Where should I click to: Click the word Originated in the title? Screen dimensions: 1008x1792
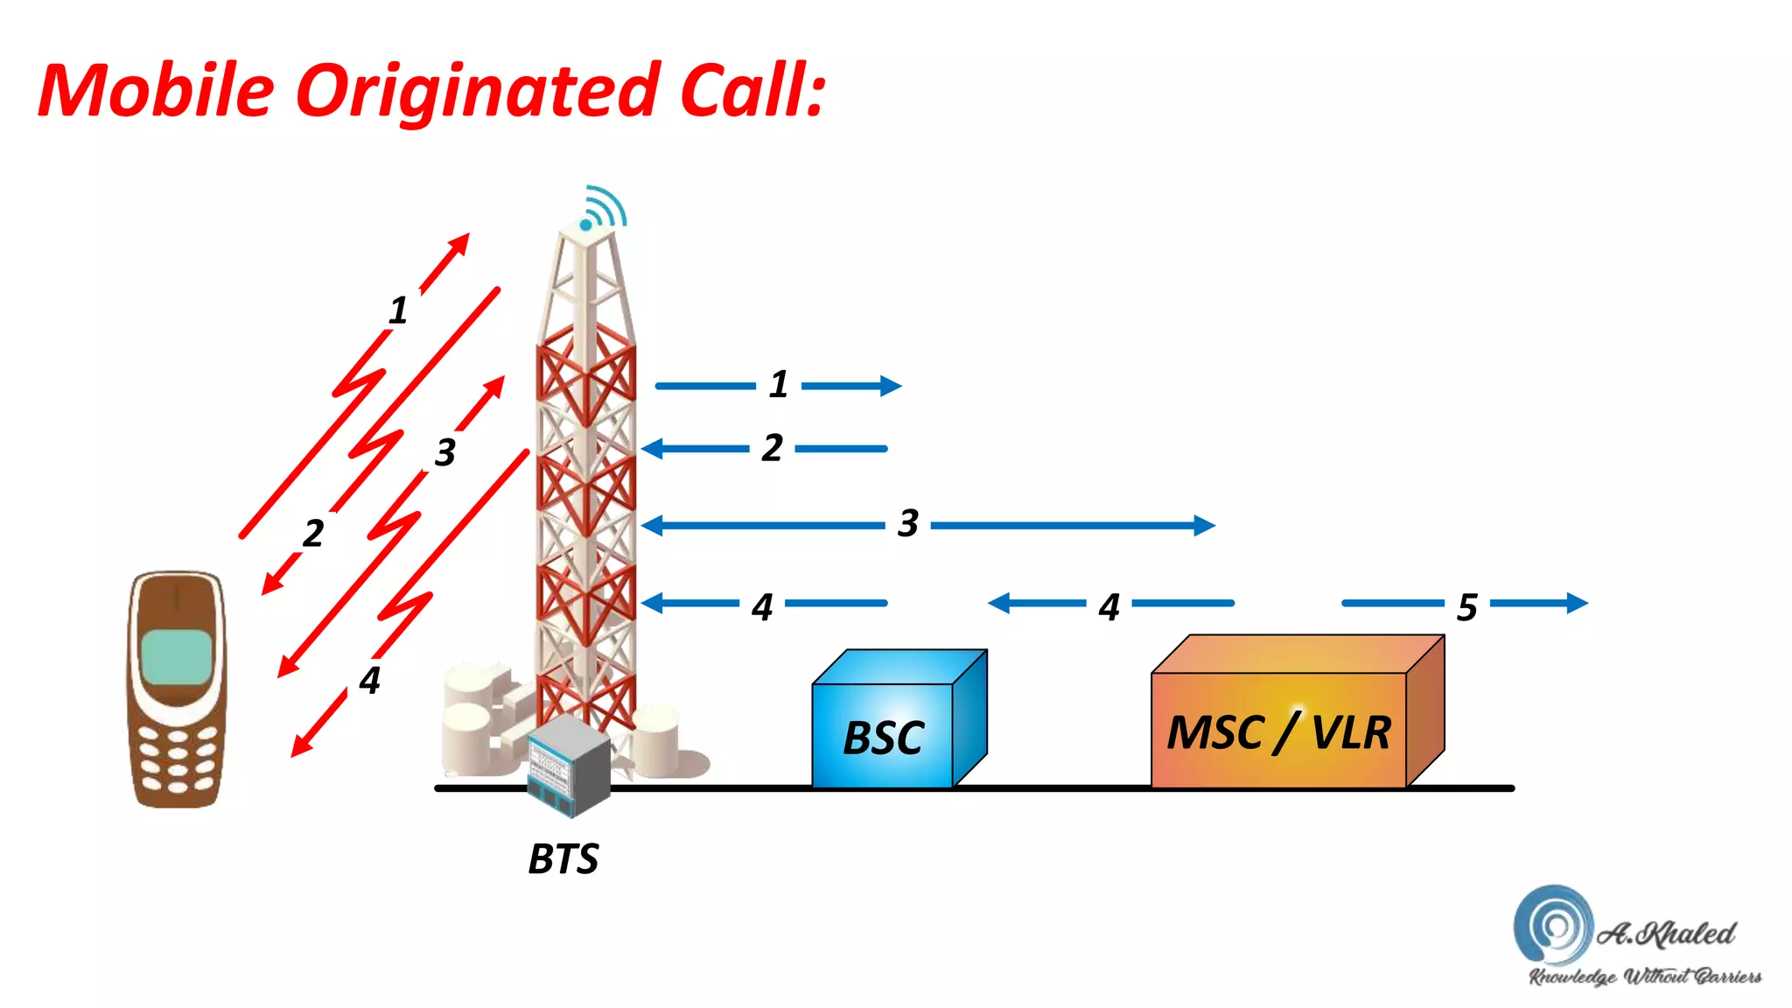477,92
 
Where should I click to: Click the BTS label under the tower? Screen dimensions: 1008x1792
563,858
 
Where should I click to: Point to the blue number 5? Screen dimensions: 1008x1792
1467,606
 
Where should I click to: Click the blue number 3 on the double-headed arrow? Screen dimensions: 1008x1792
908,523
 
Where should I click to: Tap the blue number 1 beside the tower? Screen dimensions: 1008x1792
779,384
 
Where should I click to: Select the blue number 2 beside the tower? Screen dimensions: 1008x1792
772,447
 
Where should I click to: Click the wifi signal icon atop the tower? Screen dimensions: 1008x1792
603,208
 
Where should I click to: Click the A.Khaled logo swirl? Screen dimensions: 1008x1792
1552,924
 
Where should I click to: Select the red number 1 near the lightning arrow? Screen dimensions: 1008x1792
398,310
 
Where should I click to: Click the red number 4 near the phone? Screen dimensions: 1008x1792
370,680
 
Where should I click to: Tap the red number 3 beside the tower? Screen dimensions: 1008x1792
445,452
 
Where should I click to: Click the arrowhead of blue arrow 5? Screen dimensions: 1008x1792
1577,603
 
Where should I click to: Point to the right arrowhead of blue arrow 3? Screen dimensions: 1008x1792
1205,525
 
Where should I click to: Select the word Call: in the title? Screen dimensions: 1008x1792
752,92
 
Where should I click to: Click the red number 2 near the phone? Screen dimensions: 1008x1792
313,533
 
